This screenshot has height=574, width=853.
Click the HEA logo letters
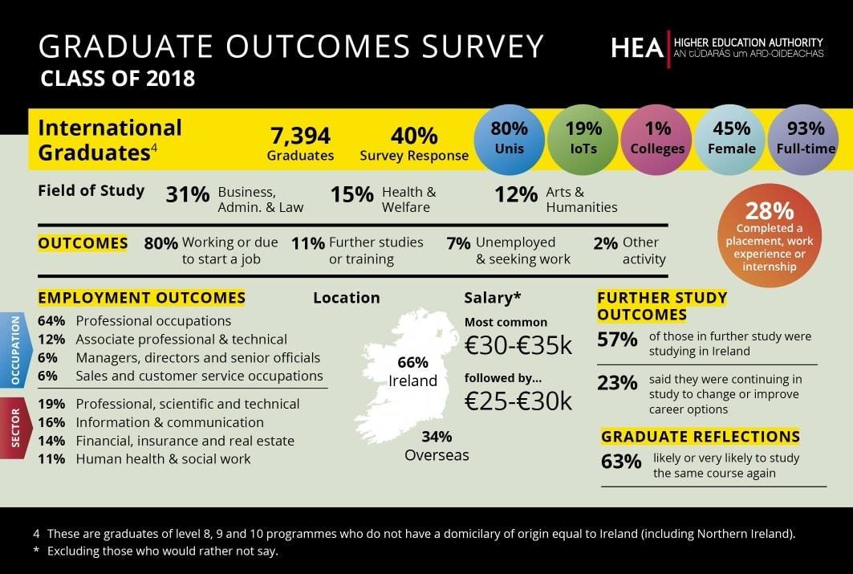tap(637, 48)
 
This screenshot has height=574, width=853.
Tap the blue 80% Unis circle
tap(509, 138)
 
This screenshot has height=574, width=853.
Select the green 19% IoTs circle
tap(583, 138)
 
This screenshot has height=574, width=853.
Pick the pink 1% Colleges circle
tap(657, 138)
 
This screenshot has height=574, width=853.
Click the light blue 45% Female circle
tap(731, 138)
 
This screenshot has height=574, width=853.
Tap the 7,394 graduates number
tap(300, 136)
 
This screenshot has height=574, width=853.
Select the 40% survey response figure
tap(413, 136)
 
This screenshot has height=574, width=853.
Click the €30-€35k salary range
tap(518, 345)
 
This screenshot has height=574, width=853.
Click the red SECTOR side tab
tap(15, 430)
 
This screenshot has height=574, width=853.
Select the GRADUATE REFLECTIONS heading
tap(700, 437)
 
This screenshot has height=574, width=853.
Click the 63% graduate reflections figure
tap(621, 462)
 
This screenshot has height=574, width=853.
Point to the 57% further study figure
tap(617, 340)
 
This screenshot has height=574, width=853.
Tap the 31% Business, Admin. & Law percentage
tap(188, 193)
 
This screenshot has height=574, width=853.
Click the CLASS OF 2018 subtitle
tap(118, 79)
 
